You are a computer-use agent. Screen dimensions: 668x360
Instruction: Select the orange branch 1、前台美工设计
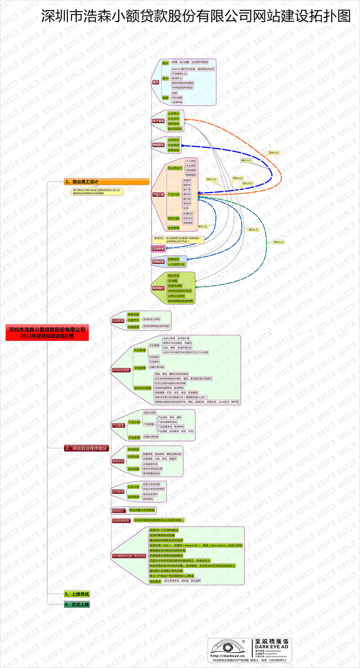[106, 182]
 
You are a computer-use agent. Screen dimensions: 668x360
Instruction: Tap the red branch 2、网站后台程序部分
[86, 448]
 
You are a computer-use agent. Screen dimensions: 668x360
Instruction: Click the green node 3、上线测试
[77, 594]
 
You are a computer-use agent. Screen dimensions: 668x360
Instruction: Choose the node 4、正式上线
[77, 604]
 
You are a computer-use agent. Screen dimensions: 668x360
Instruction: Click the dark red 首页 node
[156, 82]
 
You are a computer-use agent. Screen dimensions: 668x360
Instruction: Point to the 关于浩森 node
[158, 121]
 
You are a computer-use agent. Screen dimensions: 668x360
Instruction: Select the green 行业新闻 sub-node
[174, 145]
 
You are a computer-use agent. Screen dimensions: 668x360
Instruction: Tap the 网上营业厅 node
[175, 168]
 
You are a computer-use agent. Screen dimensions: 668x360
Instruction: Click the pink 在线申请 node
[158, 249]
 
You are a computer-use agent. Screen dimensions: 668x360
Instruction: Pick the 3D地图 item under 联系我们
[172, 281]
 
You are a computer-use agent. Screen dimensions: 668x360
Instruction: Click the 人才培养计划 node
[176, 264]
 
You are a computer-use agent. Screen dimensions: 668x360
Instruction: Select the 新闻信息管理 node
[121, 370]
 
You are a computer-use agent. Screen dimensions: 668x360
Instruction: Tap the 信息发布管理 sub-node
[142, 388]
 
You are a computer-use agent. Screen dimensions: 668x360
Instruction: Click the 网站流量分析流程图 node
[142, 510]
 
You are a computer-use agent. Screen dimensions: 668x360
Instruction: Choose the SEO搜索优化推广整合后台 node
[129, 556]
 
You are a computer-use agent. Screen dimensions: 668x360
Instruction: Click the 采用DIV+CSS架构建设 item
[164, 530]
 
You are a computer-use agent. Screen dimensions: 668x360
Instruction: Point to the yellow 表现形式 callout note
[178, 239]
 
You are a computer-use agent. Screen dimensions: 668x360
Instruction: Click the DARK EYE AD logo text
[272, 646]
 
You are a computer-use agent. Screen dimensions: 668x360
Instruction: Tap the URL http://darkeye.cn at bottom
[227, 656]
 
